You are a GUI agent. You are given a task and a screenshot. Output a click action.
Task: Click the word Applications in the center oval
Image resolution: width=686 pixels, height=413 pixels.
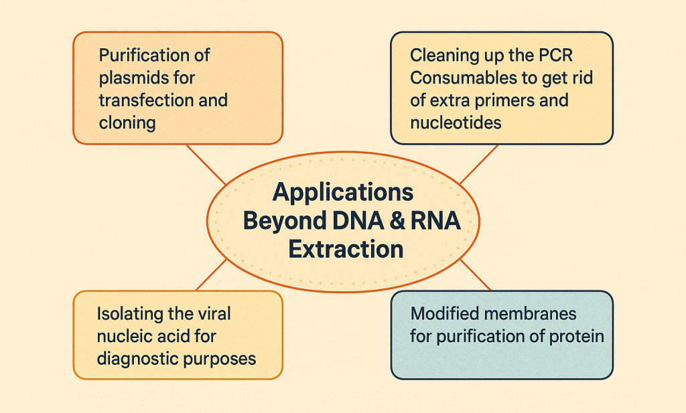coord(343,193)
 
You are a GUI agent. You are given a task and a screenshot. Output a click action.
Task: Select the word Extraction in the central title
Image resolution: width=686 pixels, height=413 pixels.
coord(346,250)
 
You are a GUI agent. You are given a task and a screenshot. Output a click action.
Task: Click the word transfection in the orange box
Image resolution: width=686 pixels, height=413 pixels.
coord(138,100)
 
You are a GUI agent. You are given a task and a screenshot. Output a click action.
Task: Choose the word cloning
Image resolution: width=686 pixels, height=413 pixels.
coord(127,123)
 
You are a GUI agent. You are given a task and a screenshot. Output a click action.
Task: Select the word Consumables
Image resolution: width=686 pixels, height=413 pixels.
coord(460,78)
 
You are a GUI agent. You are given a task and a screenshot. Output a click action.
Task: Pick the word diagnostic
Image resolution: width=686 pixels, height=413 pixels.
coord(137,358)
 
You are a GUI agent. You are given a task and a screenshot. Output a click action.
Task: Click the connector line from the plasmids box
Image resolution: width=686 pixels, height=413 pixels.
coord(206,165)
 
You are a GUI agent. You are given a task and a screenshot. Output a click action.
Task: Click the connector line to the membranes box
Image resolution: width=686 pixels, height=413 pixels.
coord(476,275)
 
